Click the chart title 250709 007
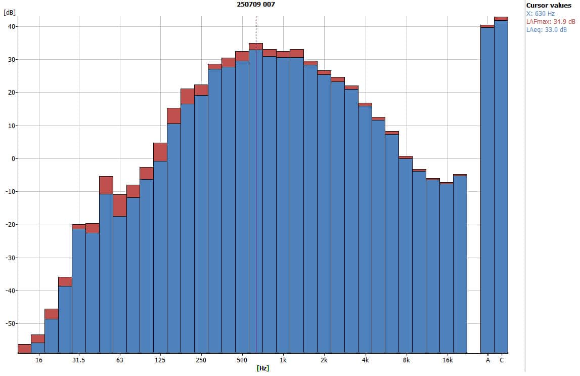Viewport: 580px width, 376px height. click(x=256, y=4)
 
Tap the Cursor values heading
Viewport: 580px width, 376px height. click(x=549, y=5)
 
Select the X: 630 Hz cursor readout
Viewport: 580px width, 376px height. click(x=541, y=14)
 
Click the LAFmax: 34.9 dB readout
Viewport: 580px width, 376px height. click(x=551, y=22)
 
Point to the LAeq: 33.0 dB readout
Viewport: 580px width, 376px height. click(x=546, y=30)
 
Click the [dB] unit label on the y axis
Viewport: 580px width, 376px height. click(x=9, y=12)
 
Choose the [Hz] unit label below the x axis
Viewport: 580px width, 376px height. click(x=262, y=368)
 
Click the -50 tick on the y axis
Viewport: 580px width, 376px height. click(x=10, y=323)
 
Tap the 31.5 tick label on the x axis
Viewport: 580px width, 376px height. click(x=78, y=360)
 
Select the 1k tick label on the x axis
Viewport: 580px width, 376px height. click(x=283, y=360)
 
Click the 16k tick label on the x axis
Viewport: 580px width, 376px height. click(x=447, y=360)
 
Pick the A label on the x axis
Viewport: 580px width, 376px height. click(x=488, y=360)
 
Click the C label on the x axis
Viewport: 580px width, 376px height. click(x=502, y=360)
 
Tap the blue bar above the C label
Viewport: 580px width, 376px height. click(x=501, y=187)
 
